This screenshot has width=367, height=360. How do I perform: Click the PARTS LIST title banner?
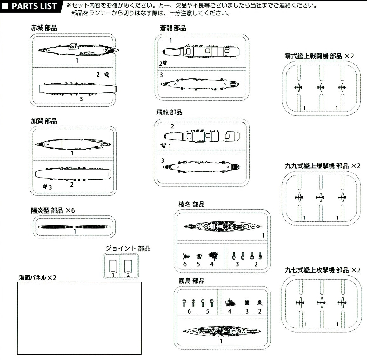pyautogui.click(x=30, y=6)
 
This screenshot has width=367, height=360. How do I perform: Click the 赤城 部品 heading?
pyautogui.click(x=44, y=28)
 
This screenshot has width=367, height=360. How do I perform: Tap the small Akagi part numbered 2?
pyautogui.click(x=108, y=75)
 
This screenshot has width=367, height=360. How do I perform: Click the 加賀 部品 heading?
pyautogui.click(x=44, y=121)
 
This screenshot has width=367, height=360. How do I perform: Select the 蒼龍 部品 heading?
pyautogui.click(x=173, y=28)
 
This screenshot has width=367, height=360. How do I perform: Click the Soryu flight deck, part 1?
pyautogui.click(x=200, y=51)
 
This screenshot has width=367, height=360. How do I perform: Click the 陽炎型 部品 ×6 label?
pyautogui.click(x=53, y=210)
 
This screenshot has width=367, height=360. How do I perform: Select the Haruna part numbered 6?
pyautogui.click(x=186, y=256)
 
